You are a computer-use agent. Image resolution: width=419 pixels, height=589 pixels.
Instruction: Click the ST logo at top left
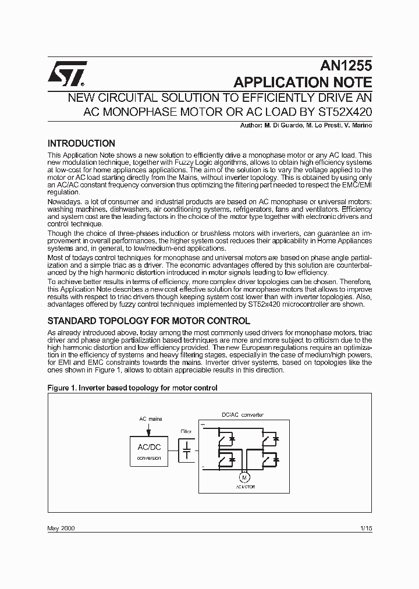(x=68, y=72)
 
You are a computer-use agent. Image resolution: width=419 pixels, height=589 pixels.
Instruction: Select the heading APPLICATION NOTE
(x=302, y=81)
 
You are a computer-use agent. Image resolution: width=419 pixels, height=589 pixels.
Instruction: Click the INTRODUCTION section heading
(x=81, y=143)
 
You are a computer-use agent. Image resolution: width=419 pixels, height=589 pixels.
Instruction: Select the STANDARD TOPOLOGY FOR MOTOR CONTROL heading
(x=148, y=321)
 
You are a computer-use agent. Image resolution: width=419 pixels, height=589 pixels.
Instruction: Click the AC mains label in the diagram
(x=150, y=418)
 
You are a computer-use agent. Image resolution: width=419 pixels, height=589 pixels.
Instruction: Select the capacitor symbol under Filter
(x=186, y=449)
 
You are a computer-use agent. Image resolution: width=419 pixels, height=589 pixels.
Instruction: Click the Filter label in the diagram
(x=186, y=431)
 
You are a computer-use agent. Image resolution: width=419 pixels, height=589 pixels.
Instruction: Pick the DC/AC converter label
(x=243, y=415)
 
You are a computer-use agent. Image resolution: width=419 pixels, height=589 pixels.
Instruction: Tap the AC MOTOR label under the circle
(x=245, y=487)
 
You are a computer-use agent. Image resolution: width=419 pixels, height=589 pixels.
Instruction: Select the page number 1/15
(x=365, y=528)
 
